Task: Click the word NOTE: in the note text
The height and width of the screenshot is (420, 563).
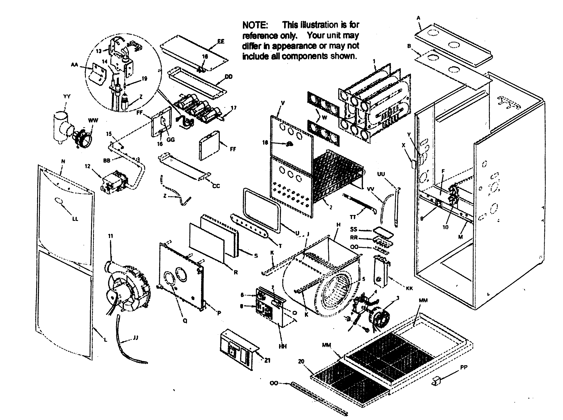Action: [255, 25]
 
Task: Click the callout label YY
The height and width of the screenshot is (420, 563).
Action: [67, 96]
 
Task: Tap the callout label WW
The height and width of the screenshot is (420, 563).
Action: [93, 120]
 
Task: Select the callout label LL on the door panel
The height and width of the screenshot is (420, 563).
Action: [75, 219]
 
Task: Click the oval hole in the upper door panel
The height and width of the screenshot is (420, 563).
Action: [58, 201]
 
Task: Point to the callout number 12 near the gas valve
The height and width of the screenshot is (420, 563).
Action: [87, 166]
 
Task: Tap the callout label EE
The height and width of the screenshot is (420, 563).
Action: [221, 41]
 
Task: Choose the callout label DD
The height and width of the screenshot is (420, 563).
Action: [228, 77]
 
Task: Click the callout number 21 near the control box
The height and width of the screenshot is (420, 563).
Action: [267, 360]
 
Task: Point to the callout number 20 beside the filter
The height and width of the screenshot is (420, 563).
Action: [301, 361]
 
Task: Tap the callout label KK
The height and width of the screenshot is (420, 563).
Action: [409, 288]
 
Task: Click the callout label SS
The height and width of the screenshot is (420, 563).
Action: [354, 229]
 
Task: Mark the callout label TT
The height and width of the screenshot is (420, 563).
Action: [353, 217]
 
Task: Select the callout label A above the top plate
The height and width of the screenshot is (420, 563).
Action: [418, 18]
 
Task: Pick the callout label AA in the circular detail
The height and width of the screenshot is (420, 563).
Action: [74, 65]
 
